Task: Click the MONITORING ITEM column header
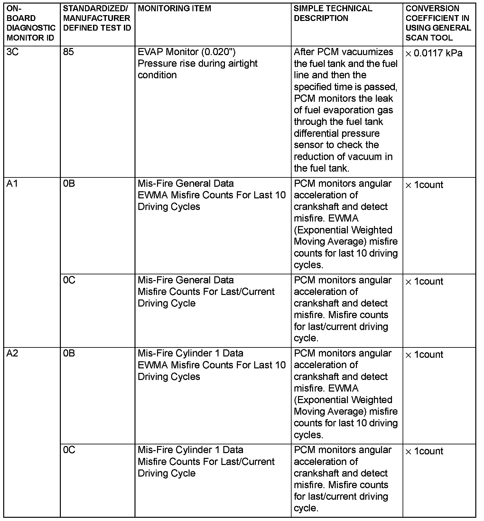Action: (174, 8)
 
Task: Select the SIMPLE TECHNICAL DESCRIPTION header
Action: (333, 13)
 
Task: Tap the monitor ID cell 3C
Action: (13, 52)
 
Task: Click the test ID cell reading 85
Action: (69, 52)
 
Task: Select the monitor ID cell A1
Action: (12, 184)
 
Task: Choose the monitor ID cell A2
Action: (12, 353)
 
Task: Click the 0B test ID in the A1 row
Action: (69, 184)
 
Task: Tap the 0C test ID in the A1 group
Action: (69, 280)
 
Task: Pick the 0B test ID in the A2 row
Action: (69, 353)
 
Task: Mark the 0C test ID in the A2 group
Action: (69, 450)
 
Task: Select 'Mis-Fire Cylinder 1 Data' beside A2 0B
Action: (191, 353)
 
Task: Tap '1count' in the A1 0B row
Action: (428, 185)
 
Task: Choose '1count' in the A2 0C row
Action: (428, 451)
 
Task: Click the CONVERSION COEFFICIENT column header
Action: (438, 23)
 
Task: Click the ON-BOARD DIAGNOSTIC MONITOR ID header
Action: (31, 23)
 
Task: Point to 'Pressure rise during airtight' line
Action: (198, 63)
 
